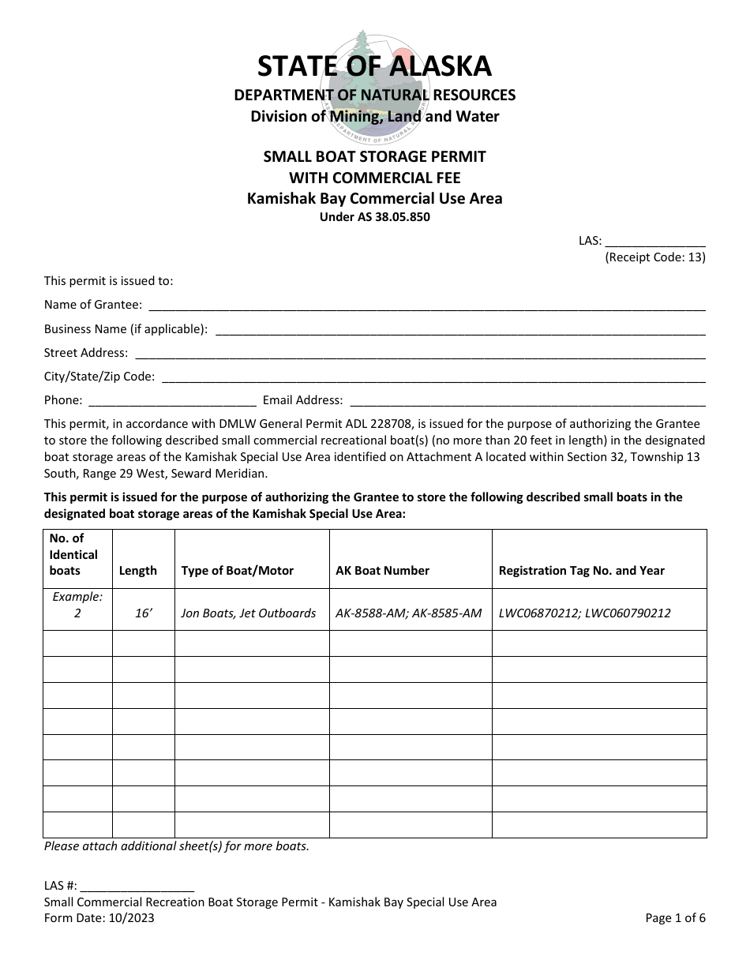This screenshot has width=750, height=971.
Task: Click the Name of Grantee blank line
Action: (426, 306)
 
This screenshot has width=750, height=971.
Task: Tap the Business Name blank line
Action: (459, 330)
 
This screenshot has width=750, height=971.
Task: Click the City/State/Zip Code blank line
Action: (433, 377)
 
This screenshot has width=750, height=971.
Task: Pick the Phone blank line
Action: (171, 401)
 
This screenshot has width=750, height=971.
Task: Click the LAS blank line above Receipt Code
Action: (655, 242)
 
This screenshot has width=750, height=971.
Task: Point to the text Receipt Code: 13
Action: (655, 257)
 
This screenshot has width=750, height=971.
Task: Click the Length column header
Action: (138, 571)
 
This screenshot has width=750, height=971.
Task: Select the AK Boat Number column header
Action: (383, 571)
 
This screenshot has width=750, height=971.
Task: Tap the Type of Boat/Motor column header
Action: (238, 571)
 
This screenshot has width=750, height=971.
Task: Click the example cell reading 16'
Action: (143, 613)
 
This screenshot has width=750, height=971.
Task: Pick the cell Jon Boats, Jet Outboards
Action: (249, 613)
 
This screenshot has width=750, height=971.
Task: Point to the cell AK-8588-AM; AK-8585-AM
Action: (409, 613)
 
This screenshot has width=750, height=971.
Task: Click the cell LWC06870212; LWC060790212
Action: (585, 613)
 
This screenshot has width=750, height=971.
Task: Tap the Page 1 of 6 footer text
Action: (675, 918)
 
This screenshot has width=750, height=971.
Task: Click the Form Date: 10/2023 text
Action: (99, 918)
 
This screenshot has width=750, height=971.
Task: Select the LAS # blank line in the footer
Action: (137, 887)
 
